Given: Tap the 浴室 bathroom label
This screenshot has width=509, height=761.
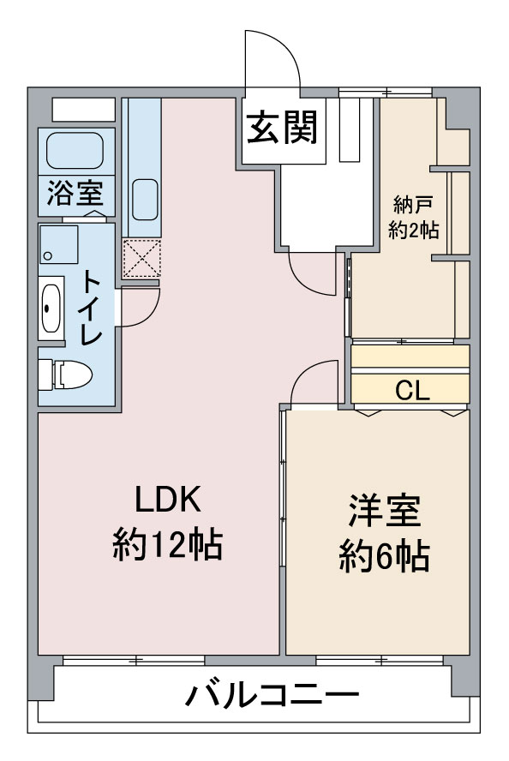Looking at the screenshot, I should click(x=75, y=194).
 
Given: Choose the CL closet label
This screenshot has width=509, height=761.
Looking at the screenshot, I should click(x=411, y=391).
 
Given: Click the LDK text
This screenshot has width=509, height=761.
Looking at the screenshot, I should click(x=168, y=500).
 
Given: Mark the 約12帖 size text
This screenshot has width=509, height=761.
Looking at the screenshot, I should click(x=168, y=543).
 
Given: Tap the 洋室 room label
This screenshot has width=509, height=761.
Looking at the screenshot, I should click(x=383, y=512).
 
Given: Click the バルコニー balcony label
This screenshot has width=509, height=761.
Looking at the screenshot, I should click(x=272, y=695).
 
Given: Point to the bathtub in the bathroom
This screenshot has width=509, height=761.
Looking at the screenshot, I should click(x=75, y=150).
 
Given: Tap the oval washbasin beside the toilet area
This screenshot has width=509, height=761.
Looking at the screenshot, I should click(x=51, y=308).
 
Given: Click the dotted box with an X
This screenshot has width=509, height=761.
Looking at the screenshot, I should click(x=142, y=257).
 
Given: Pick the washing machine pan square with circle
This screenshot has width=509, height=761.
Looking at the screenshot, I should click(x=58, y=244).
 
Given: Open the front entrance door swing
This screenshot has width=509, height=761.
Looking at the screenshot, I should click(x=272, y=59).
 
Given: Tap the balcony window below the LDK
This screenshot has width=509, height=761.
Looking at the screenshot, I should click(x=134, y=660).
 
